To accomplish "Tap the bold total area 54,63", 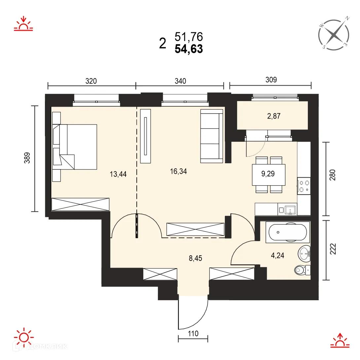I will [x=189, y=50].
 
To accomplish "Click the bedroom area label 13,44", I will [x=118, y=174].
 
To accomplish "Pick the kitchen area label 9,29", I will [x=268, y=174].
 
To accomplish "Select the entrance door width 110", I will [x=193, y=334].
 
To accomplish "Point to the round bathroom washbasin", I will [x=304, y=254].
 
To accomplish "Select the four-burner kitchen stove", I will [x=304, y=185].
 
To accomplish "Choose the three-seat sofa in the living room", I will [x=211, y=136].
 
